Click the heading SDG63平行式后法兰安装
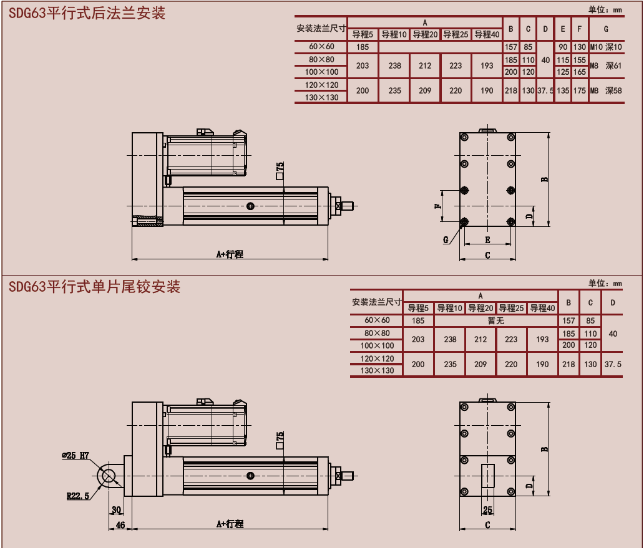pyautogui.click(x=87, y=14)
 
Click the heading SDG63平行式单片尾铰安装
pyautogui.click(x=95, y=287)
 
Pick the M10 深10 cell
pyautogui.click(x=606, y=47)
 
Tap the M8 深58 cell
pyautogui.click(x=606, y=90)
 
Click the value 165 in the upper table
pyautogui.click(x=579, y=72)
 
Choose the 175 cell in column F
pyautogui.click(x=579, y=90)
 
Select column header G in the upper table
pyautogui.click(x=606, y=29)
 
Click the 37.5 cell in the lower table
pyautogui.click(x=613, y=364)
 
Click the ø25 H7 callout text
pyautogui.click(x=76, y=456)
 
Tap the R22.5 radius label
pyautogui.click(x=79, y=496)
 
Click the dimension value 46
pyautogui.click(x=121, y=525)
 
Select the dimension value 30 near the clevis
pyautogui.click(x=116, y=509)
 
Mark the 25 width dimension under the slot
pyautogui.click(x=487, y=509)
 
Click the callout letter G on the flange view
pyautogui.click(x=446, y=239)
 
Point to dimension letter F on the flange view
pyautogui.click(x=438, y=206)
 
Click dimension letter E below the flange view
pyautogui.click(x=487, y=239)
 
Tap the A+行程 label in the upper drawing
pyautogui.click(x=230, y=254)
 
